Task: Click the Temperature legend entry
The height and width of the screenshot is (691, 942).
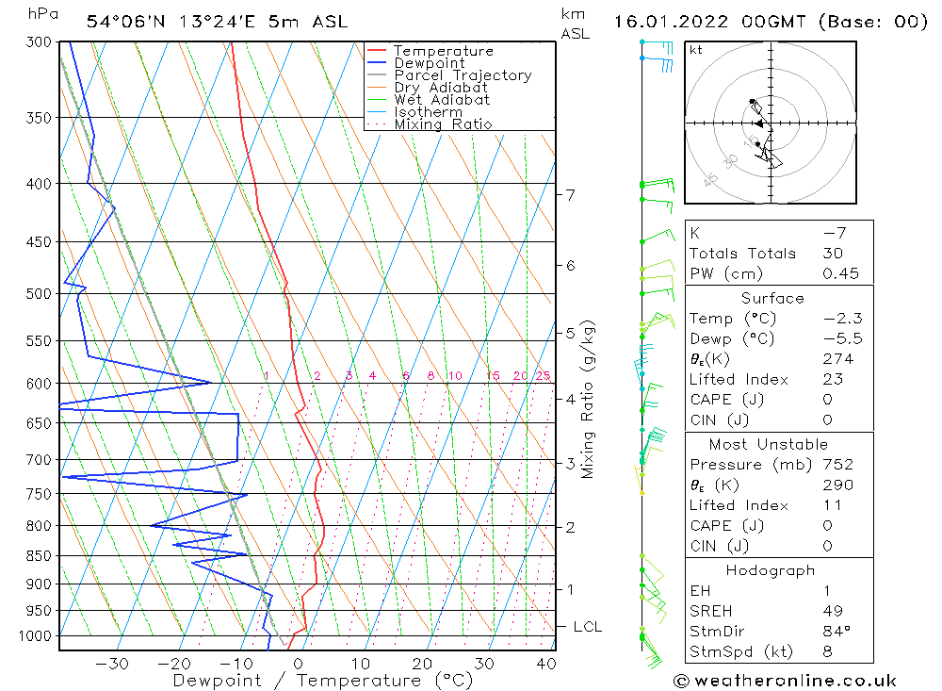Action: [x=443, y=51]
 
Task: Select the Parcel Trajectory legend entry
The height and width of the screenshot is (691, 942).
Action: [x=463, y=75]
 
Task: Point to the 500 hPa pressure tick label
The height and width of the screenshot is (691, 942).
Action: [x=39, y=293]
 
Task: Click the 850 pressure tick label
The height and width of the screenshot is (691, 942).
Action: [x=39, y=556]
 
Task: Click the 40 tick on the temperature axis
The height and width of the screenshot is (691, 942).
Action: [x=545, y=664]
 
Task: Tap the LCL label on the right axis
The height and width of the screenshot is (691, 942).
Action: [x=587, y=627]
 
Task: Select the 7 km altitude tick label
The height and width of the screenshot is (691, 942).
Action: [x=570, y=195]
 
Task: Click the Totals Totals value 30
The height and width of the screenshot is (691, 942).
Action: [x=834, y=254]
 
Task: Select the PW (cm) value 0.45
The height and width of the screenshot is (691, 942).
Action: [x=840, y=274]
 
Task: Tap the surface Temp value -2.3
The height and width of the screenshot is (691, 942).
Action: [x=842, y=319]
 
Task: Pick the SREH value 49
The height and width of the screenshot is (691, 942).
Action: [x=834, y=610]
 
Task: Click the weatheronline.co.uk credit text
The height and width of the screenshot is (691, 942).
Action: [x=785, y=681]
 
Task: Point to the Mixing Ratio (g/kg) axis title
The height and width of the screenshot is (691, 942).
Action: [x=589, y=400]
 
